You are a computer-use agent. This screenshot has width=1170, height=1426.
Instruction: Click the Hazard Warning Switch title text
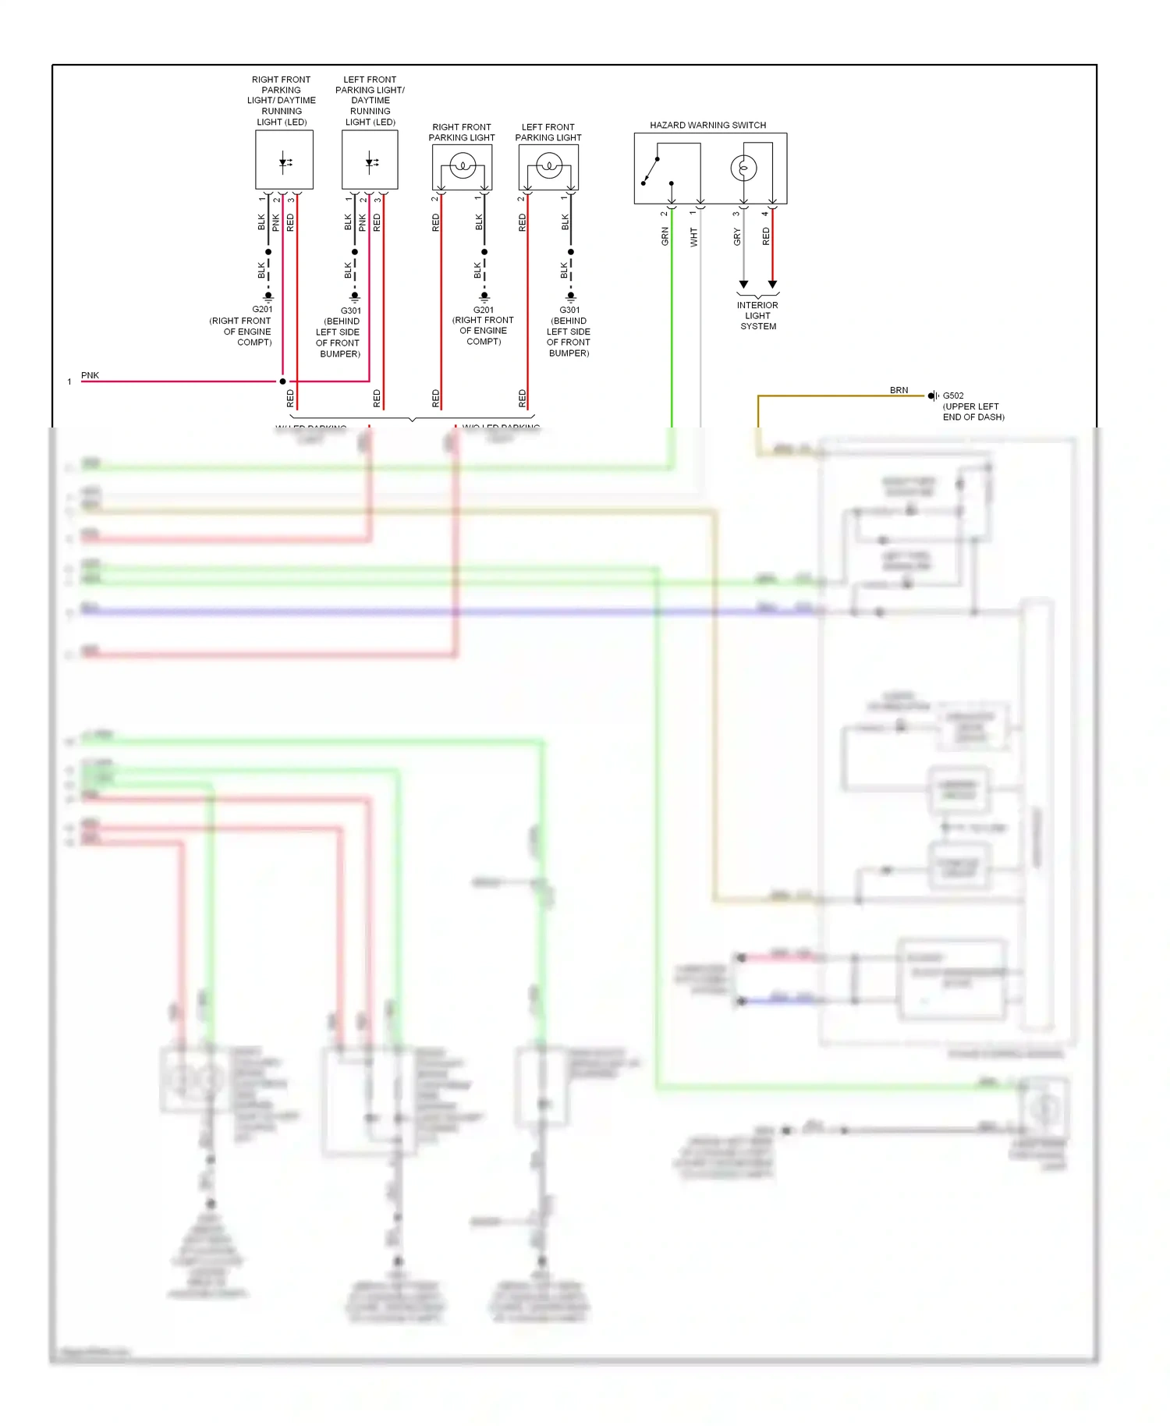707,125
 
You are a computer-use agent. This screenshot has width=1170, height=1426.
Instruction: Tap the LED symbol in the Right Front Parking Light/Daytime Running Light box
285,162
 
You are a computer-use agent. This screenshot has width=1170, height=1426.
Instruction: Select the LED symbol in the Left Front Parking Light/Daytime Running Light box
371,162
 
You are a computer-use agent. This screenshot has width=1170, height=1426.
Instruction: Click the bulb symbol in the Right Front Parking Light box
463,166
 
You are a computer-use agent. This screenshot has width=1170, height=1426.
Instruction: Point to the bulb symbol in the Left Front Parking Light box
549,166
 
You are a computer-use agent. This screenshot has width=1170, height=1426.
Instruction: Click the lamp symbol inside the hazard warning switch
743,168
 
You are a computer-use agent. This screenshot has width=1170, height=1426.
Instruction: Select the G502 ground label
953,396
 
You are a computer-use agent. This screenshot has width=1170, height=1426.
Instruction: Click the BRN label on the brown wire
899,390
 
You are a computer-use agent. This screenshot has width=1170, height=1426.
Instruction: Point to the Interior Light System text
757,316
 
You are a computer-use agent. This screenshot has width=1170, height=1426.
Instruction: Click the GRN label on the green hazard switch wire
665,236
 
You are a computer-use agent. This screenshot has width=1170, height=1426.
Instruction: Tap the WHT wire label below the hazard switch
694,237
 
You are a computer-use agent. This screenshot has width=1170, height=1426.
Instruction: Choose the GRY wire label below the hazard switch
737,237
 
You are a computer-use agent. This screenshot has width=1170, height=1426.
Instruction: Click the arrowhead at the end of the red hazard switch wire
772,285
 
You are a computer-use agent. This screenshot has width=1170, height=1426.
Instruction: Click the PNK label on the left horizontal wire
90,375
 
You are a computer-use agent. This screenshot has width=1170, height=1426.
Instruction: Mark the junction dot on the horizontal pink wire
282,381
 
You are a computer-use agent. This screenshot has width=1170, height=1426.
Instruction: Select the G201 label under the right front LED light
262,310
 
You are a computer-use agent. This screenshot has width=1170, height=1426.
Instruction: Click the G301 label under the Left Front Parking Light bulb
569,310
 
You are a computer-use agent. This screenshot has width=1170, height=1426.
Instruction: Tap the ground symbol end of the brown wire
932,396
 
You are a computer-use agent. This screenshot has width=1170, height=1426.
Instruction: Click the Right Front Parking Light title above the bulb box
462,132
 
